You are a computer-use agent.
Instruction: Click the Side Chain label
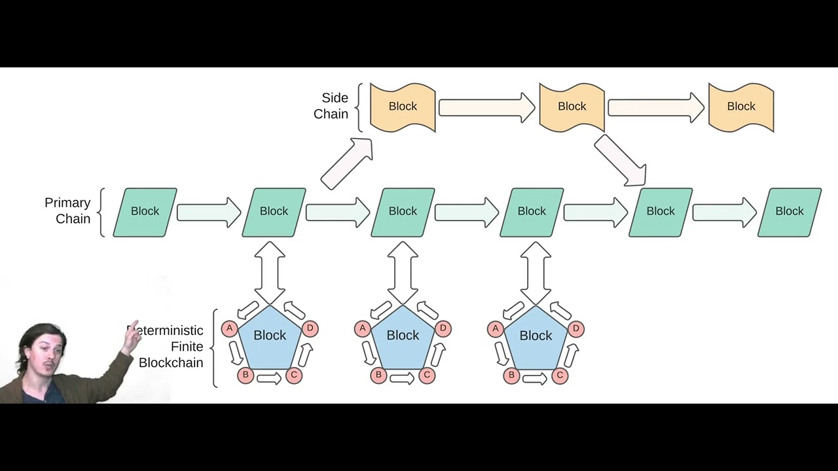coord(331,106)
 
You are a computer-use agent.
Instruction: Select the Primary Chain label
coord(67,211)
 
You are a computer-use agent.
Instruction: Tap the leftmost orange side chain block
coord(403,107)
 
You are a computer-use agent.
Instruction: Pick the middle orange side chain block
coord(572,107)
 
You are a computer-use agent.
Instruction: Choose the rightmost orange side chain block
coord(741,107)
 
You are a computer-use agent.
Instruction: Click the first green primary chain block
coord(145,211)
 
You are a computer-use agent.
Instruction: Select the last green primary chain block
coord(790,211)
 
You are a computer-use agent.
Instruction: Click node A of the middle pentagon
coord(363,328)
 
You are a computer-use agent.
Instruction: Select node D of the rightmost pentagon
coord(576,328)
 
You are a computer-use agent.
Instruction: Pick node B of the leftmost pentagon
coord(246,375)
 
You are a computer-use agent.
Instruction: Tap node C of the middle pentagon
coord(427,375)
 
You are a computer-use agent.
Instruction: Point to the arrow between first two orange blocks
coord(486,107)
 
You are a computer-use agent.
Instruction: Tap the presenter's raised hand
coord(132,337)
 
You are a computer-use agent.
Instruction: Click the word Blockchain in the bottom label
coord(171,362)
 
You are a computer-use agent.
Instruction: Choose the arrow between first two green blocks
coord(209,212)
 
